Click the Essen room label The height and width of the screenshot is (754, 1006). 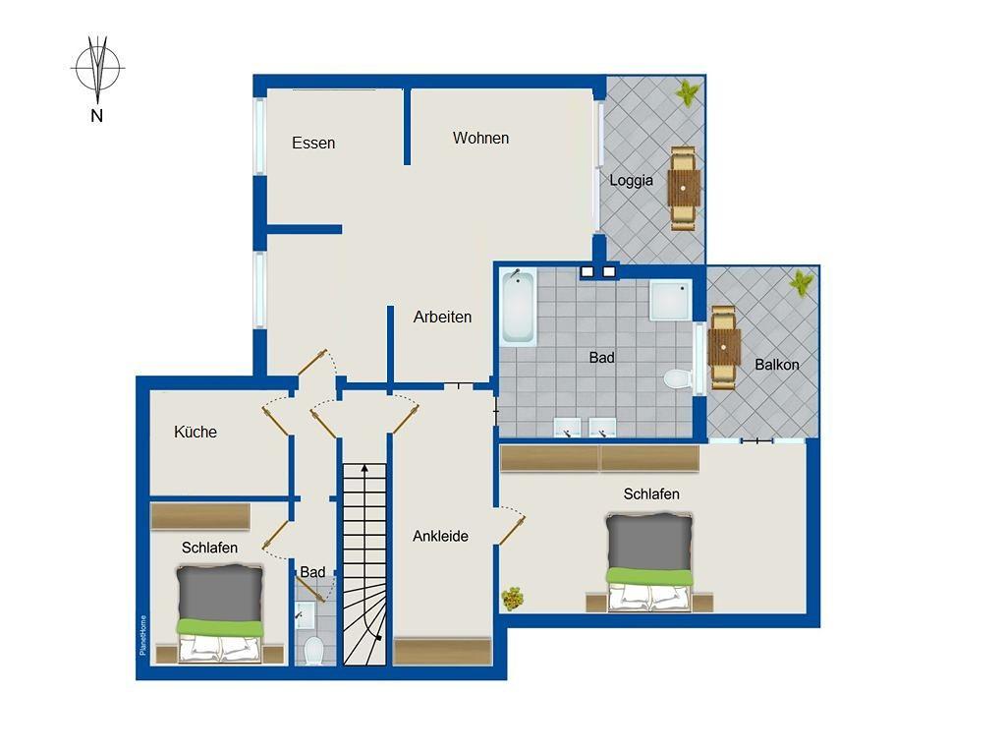point(313,143)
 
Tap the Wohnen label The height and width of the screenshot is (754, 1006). point(480,138)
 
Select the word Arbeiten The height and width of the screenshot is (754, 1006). point(442,317)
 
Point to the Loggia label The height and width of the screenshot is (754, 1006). point(631,181)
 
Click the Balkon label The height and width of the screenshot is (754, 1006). point(777,365)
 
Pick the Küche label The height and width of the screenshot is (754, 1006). point(196,432)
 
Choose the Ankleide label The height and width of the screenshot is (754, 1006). point(440,536)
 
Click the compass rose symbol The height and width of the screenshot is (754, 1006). point(97,68)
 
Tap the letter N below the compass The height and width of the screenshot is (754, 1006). point(97,116)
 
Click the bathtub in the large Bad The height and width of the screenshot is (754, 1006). point(519,308)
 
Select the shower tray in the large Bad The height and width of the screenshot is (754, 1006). point(670,300)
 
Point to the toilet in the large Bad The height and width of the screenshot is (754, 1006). point(678,378)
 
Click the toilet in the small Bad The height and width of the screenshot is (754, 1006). point(313,650)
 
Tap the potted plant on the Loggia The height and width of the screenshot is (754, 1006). point(688,93)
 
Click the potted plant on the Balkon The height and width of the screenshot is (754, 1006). point(802,282)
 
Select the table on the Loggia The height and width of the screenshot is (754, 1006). point(684,188)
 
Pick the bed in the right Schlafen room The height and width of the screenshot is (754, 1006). point(649,562)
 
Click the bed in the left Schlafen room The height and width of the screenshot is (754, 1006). point(219,613)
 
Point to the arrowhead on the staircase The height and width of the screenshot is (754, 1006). point(364,468)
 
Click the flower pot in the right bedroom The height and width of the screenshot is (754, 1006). point(513,599)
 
